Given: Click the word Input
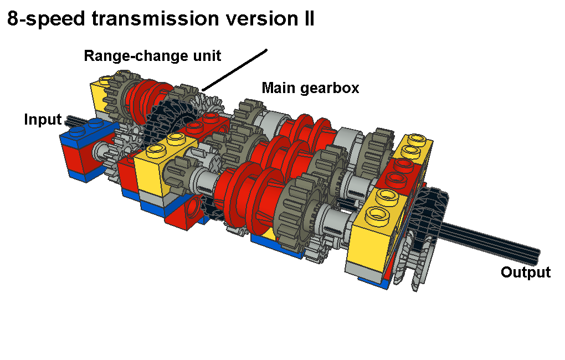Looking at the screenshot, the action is click(43, 119).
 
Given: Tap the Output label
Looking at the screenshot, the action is click(526, 272).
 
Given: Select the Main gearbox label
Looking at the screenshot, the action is click(310, 88).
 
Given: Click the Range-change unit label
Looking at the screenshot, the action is click(152, 56).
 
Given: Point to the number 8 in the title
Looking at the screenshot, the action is click(13, 18).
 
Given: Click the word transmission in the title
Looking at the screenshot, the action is click(155, 18).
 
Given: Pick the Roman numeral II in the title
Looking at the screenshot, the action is click(309, 18).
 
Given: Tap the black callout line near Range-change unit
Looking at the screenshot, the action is click(234, 70).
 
